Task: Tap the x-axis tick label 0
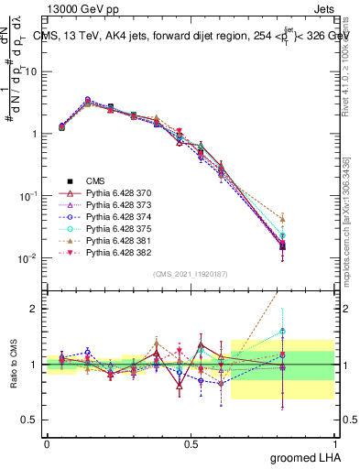47,444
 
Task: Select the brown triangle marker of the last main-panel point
283,219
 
